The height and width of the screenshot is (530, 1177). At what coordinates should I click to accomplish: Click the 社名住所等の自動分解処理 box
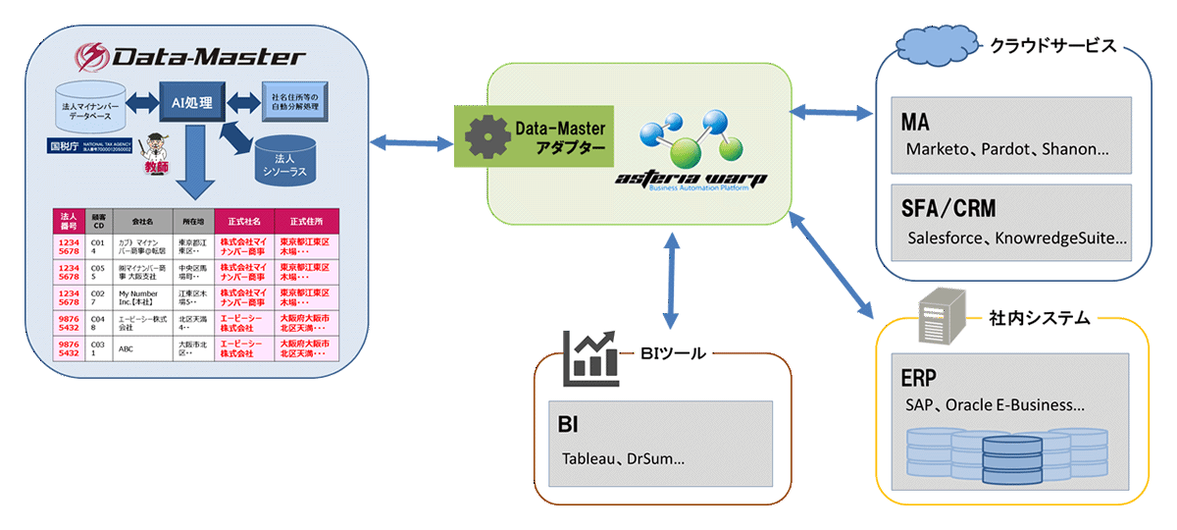point(292,102)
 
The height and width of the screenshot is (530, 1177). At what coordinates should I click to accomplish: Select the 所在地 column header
point(190,222)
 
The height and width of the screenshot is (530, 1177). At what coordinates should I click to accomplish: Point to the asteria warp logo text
point(692,178)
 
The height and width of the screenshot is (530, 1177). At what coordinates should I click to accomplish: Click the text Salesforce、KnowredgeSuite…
point(1017,238)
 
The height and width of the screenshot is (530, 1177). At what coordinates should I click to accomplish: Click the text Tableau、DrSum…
point(623,458)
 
